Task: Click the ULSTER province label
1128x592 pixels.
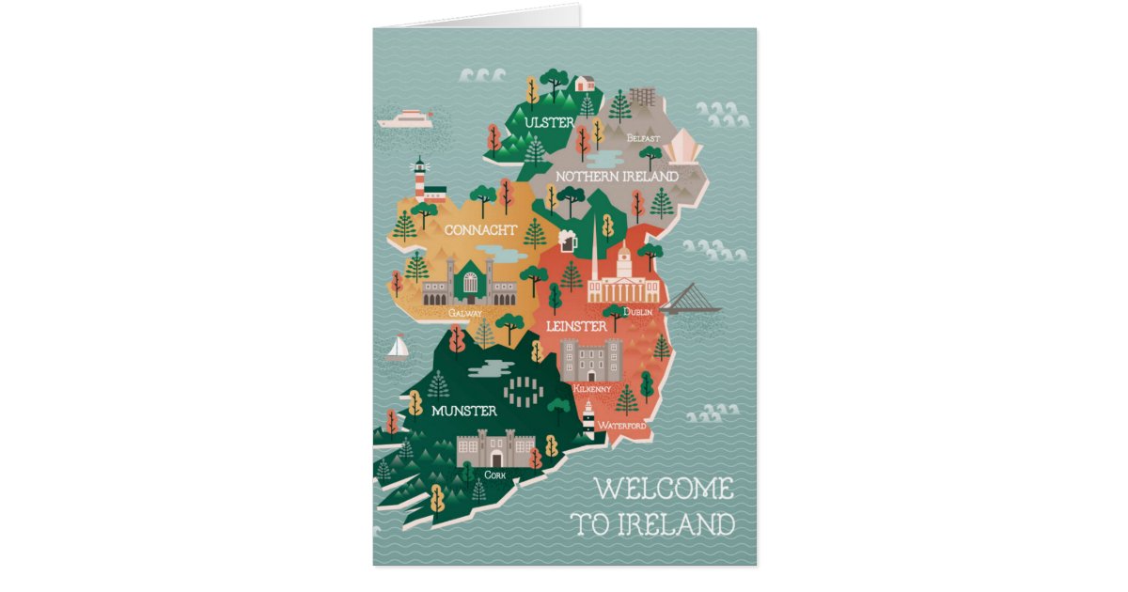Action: tap(550, 123)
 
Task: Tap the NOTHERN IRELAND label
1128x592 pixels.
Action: tap(617, 177)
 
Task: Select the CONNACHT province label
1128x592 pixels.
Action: tap(479, 230)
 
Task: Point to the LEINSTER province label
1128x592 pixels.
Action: tap(575, 326)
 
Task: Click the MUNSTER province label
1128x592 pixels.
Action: tap(463, 411)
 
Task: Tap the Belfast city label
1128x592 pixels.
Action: tap(644, 138)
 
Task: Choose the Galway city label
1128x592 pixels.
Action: tap(466, 312)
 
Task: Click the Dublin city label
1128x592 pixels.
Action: tap(637, 312)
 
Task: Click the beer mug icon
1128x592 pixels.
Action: tap(567, 241)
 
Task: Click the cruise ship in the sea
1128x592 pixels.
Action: tap(406, 119)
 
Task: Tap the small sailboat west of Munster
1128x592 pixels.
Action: tap(398, 349)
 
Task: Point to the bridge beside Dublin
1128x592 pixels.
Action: tap(691, 299)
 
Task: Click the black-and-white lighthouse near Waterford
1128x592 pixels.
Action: tap(588, 417)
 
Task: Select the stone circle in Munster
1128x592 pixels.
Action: tap(523, 387)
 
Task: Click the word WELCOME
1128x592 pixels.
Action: tap(664, 490)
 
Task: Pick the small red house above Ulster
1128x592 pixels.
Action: tap(585, 83)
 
